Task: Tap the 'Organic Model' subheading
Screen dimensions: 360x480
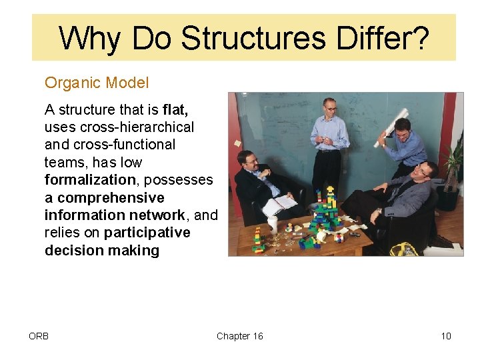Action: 97,83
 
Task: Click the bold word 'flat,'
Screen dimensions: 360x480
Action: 175,109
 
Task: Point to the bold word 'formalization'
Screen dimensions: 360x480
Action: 90,180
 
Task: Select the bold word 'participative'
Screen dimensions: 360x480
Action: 147,233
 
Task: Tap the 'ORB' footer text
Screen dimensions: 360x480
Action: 39,336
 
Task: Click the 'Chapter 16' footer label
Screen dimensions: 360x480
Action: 239,336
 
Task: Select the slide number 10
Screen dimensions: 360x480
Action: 445,336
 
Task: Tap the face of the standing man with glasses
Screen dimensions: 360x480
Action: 329,107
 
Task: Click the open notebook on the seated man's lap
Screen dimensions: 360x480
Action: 281,204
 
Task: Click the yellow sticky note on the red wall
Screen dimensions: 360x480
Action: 237,142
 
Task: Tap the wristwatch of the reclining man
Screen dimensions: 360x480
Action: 378,211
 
